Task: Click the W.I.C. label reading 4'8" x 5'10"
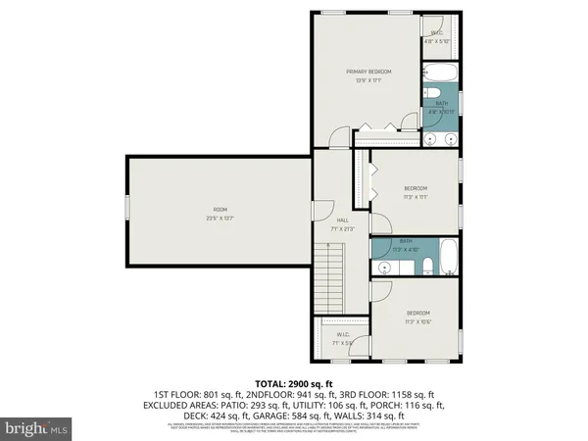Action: [435, 37]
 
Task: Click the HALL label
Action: [343, 220]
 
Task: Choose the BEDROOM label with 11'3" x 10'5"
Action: [417, 317]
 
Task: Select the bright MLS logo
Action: [35, 428]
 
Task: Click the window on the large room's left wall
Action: [126, 210]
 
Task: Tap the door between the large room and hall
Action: [314, 210]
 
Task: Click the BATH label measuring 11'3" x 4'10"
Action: [405, 243]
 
